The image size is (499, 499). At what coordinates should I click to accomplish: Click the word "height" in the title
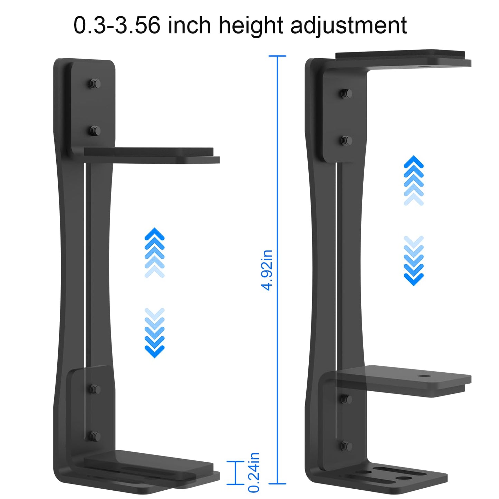[251, 26]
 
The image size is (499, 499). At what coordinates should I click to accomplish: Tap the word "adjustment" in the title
[348, 26]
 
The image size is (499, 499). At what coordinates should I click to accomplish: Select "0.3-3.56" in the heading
[117, 26]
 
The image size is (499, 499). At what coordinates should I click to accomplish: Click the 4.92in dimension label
[267, 270]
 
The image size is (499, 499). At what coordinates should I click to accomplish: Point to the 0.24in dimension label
[254, 472]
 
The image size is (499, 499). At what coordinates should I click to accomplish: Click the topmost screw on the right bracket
[346, 93]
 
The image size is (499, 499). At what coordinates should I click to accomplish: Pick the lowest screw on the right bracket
[346, 446]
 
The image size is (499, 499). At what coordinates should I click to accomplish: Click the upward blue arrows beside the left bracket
[154, 252]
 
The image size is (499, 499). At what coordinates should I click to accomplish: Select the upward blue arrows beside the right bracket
[413, 181]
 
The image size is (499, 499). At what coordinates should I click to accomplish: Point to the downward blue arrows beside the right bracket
[413, 261]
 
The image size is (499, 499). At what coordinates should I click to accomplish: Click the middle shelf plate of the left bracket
[152, 155]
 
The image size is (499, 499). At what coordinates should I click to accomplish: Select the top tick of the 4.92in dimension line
[277, 56]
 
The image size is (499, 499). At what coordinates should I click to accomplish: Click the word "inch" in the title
[190, 26]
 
